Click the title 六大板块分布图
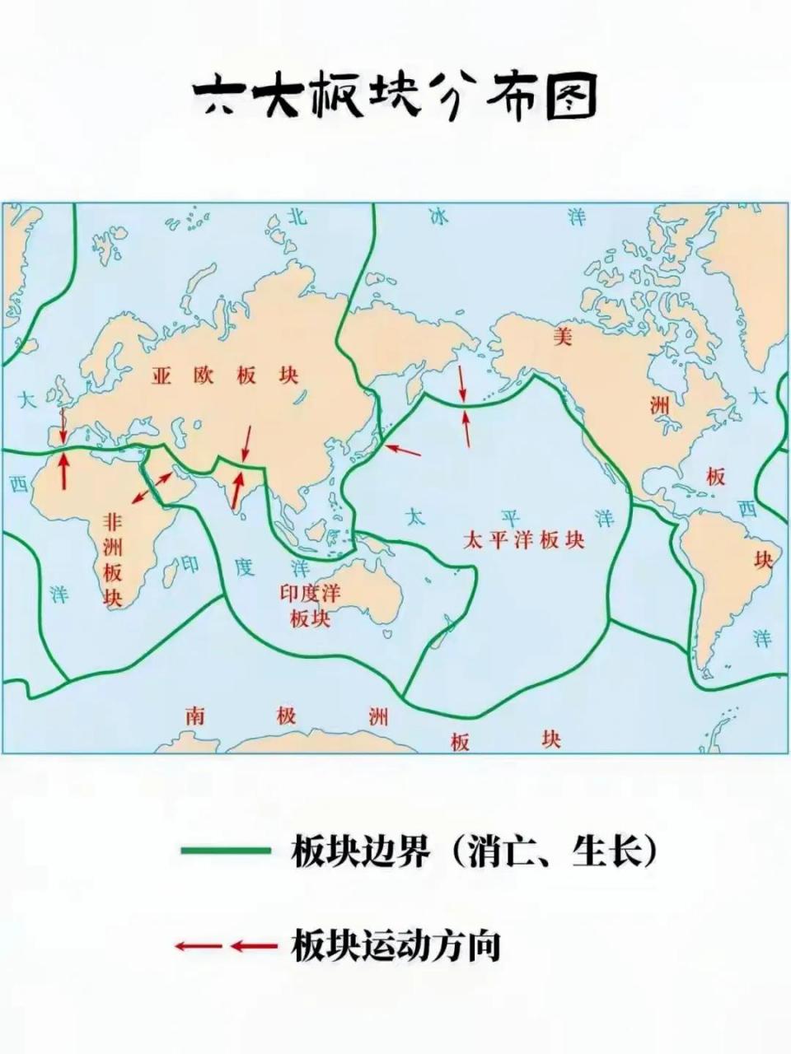pos(395,96)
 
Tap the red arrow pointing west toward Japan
pos(403,450)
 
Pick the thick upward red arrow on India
pos(236,489)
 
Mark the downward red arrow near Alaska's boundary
pos(462,384)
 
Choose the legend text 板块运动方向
pos(396,946)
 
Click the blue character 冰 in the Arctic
pos(438,217)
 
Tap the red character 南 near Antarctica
pos(194,715)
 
